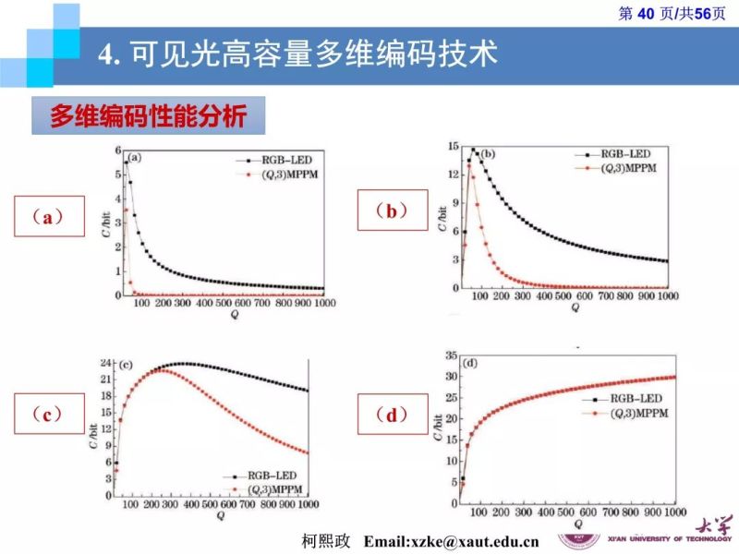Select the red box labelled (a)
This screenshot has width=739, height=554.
click(52, 218)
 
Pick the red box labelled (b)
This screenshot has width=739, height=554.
click(393, 211)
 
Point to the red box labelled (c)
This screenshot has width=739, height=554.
click(52, 415)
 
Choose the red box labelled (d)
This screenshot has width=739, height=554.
click(393, 415)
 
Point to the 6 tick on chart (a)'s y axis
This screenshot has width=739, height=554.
click(117, 151)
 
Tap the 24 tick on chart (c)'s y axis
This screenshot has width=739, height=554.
click(106, 362)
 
